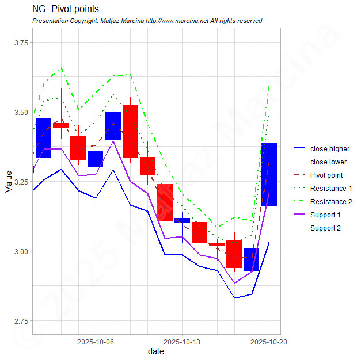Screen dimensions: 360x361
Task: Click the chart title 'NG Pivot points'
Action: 66,9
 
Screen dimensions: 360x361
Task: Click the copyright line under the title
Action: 147,21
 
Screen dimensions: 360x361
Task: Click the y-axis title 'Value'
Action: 8,181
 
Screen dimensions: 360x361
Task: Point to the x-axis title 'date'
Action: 155,351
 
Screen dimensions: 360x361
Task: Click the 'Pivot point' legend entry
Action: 326,175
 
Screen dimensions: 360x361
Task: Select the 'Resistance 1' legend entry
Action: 330,189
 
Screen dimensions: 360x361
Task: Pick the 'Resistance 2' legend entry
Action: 330,202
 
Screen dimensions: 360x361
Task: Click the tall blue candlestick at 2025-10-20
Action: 269,174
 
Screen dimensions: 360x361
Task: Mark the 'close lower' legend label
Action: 328,162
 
